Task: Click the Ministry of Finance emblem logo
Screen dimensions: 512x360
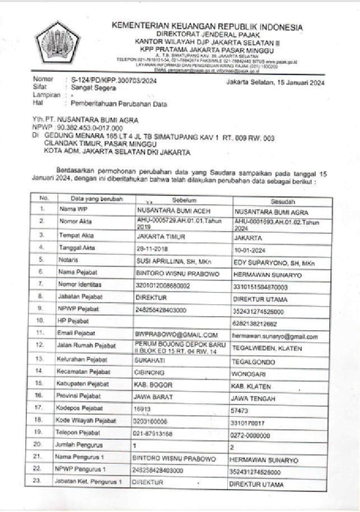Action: coord(62,44)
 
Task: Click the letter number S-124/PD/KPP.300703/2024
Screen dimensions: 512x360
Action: coord(111,81)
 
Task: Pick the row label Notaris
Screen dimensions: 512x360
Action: coord(68,260)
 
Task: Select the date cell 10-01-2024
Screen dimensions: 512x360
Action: coord(249,249)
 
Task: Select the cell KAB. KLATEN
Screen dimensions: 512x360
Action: coord(251,386)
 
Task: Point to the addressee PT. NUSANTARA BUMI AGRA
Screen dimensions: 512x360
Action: coord(90,120)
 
